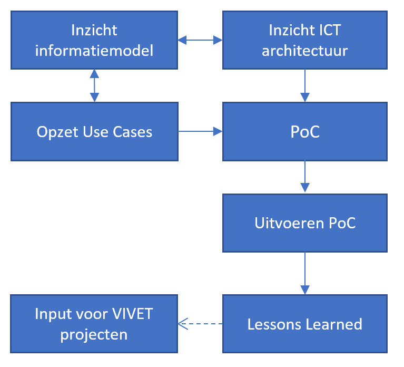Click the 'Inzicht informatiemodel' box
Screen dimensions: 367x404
(x=94, y=41)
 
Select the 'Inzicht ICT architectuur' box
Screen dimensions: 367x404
(x=305, y=41)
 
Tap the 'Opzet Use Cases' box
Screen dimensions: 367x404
(x=94, y=131)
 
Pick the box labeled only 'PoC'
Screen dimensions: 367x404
(x=305, y=131)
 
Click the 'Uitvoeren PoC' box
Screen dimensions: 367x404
(x=305, y=223)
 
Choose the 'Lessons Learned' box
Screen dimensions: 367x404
(x=305, y=323)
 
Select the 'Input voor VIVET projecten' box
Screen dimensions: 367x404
(x=94, y=323)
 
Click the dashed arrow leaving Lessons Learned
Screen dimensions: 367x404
(x=200, y=324)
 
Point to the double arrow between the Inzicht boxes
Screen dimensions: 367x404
(x=200, y=40)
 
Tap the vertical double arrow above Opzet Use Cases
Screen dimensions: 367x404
(x=94, y=85)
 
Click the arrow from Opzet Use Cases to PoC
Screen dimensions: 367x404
(x=200, y=132)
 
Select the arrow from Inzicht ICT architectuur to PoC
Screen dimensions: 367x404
(x=305, y=85)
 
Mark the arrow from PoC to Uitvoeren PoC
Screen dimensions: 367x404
(x=305, y=177)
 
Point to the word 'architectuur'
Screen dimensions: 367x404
(x=305, y=51)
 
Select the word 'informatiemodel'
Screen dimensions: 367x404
(x=94, y=51)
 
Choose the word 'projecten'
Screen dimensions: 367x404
(x=94, y=334)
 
